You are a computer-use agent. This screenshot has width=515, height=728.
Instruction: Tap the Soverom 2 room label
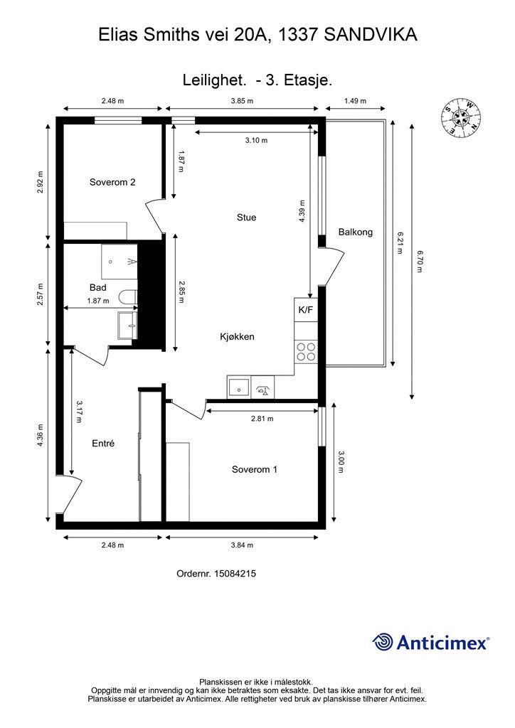112,182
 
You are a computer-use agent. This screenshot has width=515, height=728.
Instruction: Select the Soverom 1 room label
255,469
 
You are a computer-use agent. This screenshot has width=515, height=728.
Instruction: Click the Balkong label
355,232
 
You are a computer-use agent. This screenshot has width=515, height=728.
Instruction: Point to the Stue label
246,218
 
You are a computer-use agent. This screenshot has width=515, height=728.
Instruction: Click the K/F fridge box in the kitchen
306,310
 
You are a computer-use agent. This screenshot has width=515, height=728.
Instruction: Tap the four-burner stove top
306,351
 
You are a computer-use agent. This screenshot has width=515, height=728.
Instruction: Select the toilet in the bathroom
128,296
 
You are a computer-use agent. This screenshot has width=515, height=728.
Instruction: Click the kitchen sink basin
238,387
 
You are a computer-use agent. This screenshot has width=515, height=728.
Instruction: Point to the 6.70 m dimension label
420,261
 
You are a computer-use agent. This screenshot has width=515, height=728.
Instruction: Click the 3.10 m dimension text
256,140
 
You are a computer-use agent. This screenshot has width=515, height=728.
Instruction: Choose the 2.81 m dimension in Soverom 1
262,419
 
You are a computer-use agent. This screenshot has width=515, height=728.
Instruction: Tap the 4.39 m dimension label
302,212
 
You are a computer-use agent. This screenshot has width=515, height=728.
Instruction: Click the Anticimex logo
430,643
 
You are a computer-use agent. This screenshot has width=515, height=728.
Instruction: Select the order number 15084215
235,574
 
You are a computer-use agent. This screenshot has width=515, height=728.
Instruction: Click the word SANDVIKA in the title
371,35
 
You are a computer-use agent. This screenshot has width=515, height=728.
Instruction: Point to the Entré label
103,444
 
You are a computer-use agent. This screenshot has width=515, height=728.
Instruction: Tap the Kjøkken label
237,336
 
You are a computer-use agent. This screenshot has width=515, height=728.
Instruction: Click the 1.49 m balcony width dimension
355,101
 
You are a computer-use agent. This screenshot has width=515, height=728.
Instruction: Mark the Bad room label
98,288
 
